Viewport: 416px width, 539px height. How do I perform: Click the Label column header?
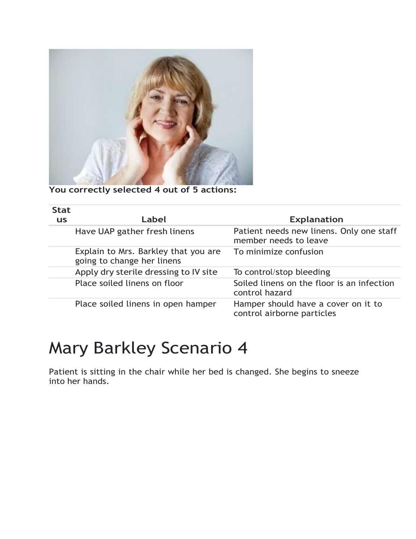pyautogui.click(x=153, y=219)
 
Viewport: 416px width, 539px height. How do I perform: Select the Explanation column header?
pyautogui.click(x=316, y=219)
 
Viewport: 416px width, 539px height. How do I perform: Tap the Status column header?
pyautogui.click(x=61, y=215)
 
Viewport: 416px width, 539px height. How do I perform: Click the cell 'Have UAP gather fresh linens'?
pyautogui.click(x=134, y=231)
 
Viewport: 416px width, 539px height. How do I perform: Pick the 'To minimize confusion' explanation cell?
pyautogui.click(x=278, y=252)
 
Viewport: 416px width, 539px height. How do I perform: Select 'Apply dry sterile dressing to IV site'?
pyautogui.click(x=146, y=272)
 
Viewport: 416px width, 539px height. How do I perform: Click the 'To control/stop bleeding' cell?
pyautogui.click(x=281, y=272)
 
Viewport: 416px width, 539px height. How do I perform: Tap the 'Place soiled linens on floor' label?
pyautogui.click(x=129, y=283)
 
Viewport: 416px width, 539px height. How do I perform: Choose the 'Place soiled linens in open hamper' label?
pyautogui.click(x=145, y=304)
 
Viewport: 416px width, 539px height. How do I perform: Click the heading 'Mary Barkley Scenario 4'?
pyautogui.click(x=148, y=348)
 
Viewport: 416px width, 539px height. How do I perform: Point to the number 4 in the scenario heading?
pyautogui.click(x=242, y=348)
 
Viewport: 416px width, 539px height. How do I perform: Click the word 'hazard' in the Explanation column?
pyautogui.click(x=277, y=293)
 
